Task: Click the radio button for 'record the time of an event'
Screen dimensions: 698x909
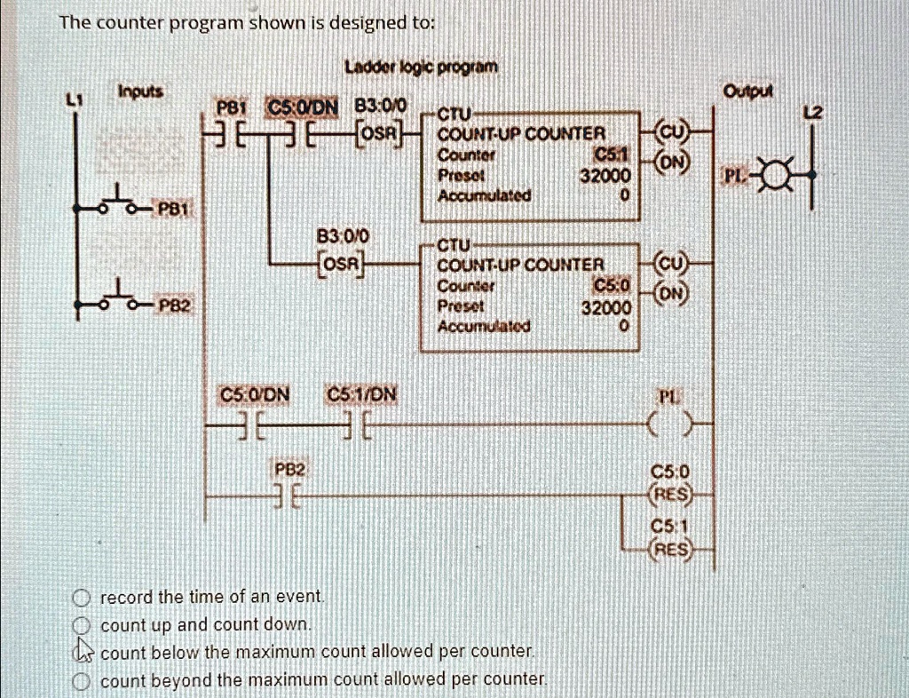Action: click(83, 596)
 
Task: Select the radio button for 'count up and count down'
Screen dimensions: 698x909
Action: click(83, 624)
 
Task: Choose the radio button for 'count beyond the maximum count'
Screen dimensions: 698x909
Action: click(83, 681)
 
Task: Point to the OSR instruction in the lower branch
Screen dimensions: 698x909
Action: click(339, 264)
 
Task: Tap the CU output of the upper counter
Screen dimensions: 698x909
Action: click(671, 133)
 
